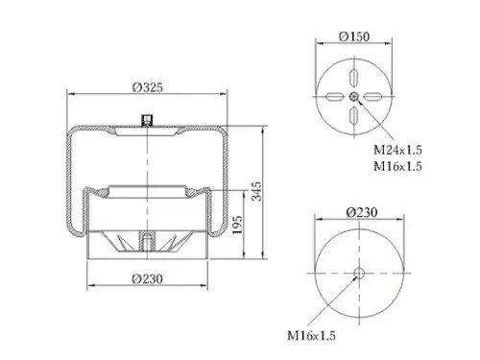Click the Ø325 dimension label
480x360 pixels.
point(148,87)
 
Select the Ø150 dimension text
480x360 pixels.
point(354,36)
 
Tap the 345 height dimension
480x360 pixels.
point(256,191)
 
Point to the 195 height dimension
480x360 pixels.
point(237,225)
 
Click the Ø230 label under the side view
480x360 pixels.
point(148,278)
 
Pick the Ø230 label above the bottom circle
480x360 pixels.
point(362,212)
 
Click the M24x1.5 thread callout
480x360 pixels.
point(397,150)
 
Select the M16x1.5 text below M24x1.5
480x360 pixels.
point(397,166)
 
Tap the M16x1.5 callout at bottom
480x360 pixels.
point(311,336)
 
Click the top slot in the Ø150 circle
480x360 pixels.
point(354,78)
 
